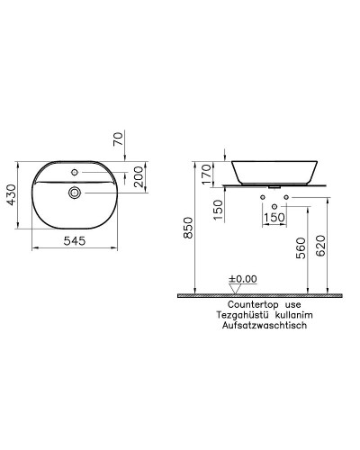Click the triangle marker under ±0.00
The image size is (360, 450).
[x=236, y=289]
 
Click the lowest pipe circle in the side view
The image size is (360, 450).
[x=273, y=206]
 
